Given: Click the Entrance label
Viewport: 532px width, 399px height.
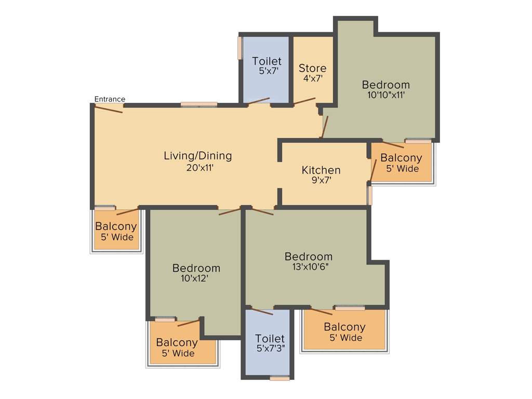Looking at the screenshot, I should [110, 99].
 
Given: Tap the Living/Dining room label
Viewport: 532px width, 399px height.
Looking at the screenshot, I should [197, 155].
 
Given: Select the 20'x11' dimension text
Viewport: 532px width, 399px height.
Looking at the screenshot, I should [197, 168].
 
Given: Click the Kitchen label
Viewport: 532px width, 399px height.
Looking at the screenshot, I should [321, 170].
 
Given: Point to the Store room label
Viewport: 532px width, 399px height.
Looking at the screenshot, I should [312, 68].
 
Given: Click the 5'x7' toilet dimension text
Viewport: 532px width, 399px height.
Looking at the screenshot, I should [267, 72].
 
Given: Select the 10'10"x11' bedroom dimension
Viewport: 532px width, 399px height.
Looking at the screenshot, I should [385, 95].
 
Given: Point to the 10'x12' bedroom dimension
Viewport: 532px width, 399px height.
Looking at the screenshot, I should [196, 278].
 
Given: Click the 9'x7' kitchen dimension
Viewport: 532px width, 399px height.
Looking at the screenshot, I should [321, 180].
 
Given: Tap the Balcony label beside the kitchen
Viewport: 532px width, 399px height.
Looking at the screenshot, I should [401, 158].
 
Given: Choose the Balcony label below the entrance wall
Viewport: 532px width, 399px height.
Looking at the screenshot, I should [116, 227].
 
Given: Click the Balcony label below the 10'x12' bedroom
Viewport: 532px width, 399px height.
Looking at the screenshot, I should [177, 342].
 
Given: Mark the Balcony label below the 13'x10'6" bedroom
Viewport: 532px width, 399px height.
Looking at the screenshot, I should [344, 327].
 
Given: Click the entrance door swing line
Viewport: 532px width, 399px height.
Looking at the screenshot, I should [109, 108].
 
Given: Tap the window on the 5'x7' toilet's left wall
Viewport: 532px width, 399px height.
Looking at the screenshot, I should [240, 48].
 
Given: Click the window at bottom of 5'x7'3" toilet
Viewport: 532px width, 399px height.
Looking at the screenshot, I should [280, 378].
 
